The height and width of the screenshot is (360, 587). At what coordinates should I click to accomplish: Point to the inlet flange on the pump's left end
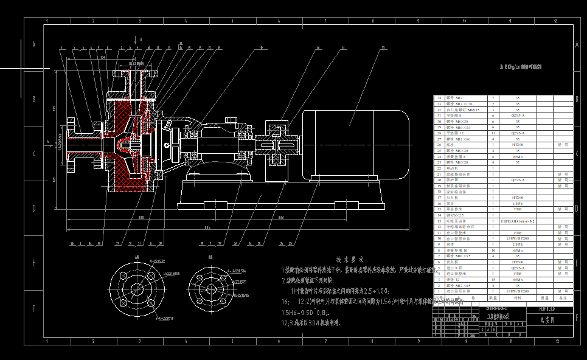point(72,144)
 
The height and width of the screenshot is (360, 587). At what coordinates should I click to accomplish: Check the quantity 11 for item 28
point(493,133)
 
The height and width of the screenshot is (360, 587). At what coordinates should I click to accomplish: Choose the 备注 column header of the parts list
point(563,298)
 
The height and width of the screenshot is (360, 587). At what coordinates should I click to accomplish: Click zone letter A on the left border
point(34,45)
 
